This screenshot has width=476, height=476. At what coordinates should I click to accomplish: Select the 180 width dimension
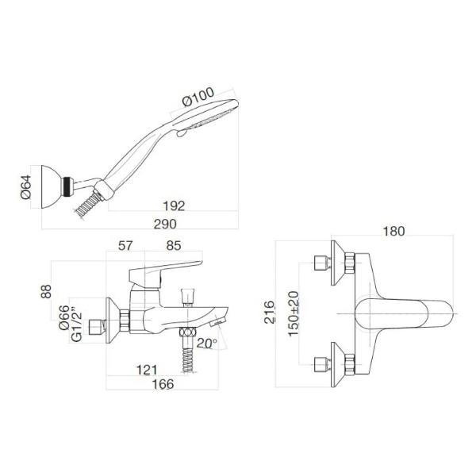394,232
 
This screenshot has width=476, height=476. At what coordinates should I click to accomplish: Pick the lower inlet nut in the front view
323,363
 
